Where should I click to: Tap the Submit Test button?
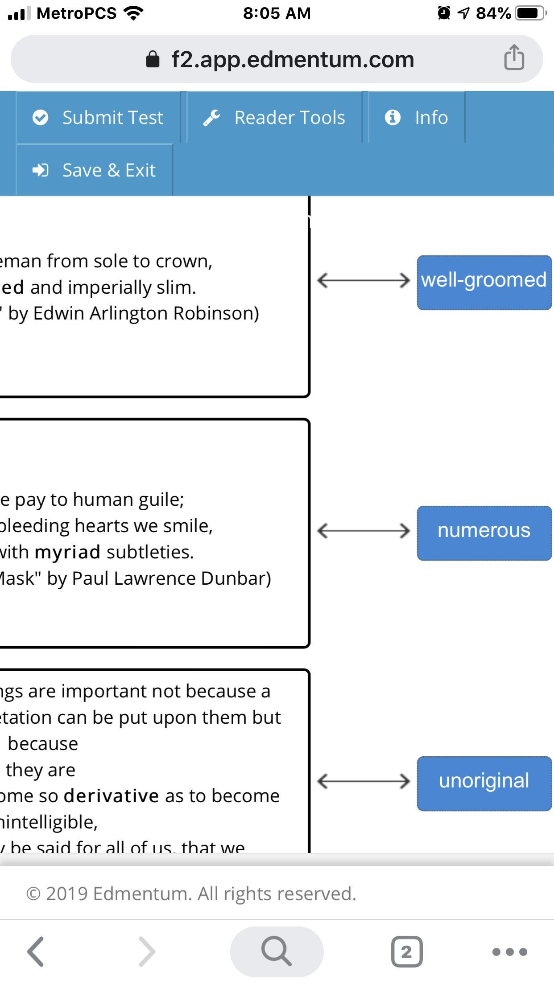pyautogui.click(x=98, y=118)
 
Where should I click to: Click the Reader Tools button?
pyautogui.click(x=274, y=118)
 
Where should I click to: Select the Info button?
pyautogui.click(x=417, y=118)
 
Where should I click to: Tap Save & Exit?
pyautogui.click(x=94, y=170)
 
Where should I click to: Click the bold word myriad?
pyautogui.click(x=67, y=552)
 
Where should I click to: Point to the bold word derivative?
pyautogui.click(x=111, y=796)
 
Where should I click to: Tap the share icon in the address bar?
pyautogui.click(x=514, y=58)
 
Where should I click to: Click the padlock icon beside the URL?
pyautogui.click(x=153, y=59)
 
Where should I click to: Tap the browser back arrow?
pyautogui.click(x=36, y=951)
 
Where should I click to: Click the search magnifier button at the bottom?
pyautogui.click(x=277, y=951)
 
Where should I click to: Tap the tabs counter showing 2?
pyautogui.click(x=406, y=951)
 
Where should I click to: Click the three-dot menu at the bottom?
pyautogui.click(x=509, y=952)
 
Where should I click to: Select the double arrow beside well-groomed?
pyautogui.click(x=363, y=281)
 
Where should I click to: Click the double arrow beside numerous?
pyautogui.click(x=363, y=531)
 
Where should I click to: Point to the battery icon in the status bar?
pyautogui.click(x=529, y=13)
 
